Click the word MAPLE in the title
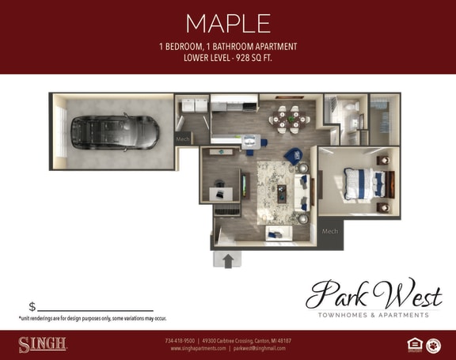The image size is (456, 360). click(x=227, y=23)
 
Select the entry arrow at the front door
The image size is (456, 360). click(x=228, y=259)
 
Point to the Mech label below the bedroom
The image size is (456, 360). click(x=330, y=232)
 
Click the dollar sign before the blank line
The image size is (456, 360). click(x=32, y=307)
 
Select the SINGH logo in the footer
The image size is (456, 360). click(x=42, y=344)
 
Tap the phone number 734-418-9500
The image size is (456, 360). click(x=180, y=340)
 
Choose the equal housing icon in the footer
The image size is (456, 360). click(x=412, y=344)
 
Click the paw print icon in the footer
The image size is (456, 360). click(x=433, y=344)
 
